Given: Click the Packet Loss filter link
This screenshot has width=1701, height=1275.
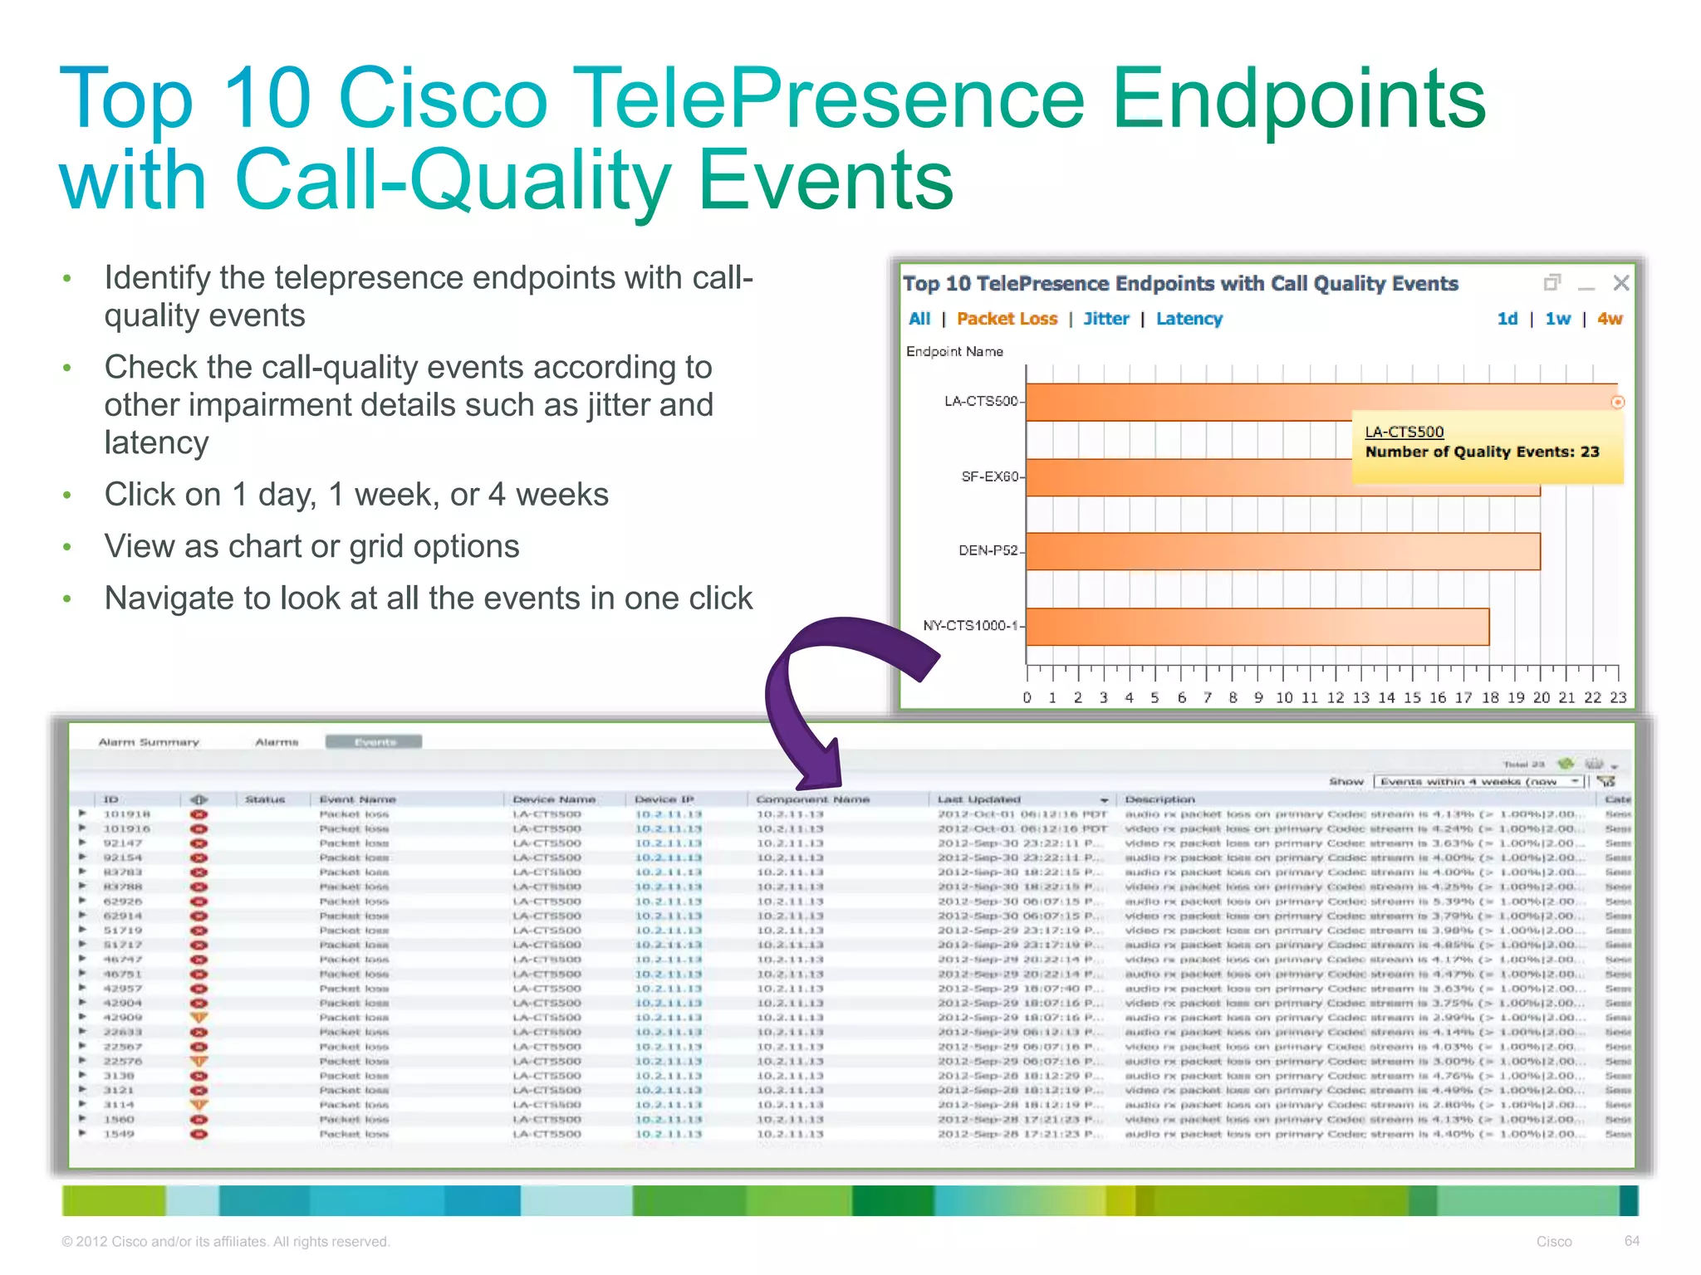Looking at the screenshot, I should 1007,319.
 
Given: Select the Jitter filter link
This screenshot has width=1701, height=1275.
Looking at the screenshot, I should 1105,319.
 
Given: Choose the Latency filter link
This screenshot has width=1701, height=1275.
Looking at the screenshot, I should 1189,319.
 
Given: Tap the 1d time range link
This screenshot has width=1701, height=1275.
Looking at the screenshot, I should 1507,319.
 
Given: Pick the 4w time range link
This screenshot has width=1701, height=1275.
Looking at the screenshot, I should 1609,319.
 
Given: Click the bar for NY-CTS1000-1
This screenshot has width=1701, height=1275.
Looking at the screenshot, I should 1257,627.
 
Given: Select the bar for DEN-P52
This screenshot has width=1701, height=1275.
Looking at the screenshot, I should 1282,551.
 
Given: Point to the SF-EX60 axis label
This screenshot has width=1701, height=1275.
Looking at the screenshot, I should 988,476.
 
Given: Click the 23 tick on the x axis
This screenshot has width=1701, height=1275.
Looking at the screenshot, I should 1617,697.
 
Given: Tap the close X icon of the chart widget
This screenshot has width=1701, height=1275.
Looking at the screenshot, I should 1620,283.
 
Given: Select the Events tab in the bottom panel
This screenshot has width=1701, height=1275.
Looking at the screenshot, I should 374,741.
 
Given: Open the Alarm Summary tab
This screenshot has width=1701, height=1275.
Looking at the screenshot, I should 149,742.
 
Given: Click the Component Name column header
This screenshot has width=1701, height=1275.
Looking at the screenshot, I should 812,799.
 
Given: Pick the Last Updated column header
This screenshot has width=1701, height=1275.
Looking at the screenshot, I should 978,799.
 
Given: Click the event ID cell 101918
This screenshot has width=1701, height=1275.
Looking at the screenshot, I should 126,814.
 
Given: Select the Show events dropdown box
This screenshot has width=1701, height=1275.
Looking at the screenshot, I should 1477,781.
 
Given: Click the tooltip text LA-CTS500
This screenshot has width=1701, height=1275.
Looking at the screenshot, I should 1404,432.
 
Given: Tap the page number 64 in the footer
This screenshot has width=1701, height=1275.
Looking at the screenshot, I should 1631,1241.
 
